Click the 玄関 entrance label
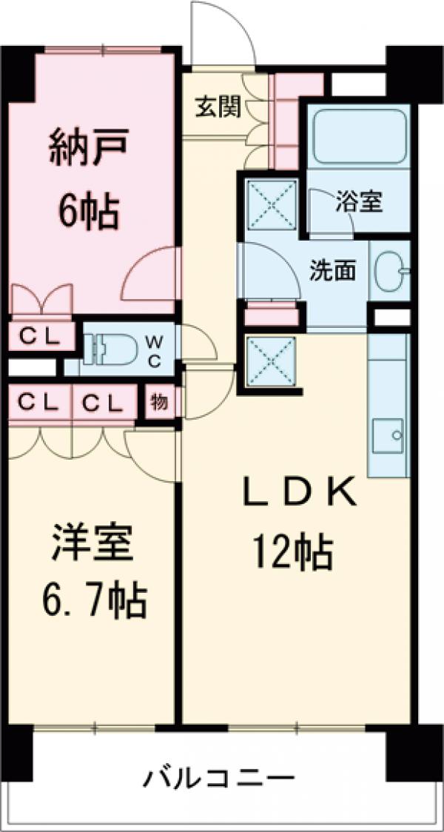point(218,109)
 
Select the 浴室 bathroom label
point(359,203)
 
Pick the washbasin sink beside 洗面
point(388,272)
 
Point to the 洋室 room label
point(92,544)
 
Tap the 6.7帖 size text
point(92,601)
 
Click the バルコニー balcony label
point(219,779)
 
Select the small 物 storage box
point(158,404)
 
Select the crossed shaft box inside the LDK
point(271,361)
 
